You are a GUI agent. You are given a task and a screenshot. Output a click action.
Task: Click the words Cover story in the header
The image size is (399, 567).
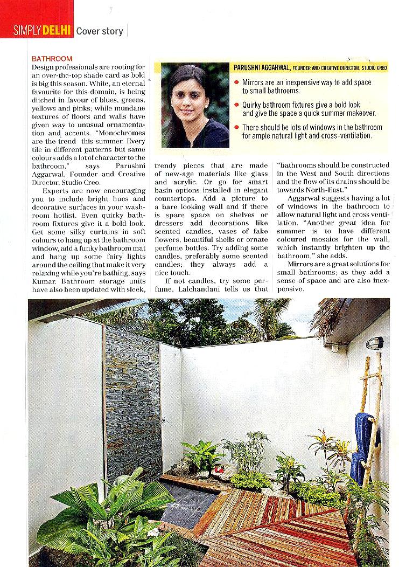[100, 31]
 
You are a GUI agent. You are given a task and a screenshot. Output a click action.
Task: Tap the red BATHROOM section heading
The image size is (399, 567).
[52, 58]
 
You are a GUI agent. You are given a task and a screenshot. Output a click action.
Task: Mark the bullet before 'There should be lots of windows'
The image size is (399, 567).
[237, 128]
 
